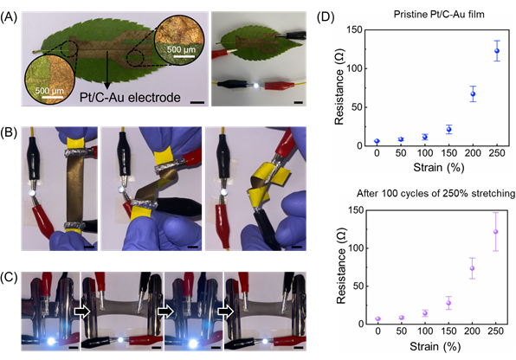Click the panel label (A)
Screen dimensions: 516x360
(x=9, y=17)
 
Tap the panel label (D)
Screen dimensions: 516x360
(x=326, y=17)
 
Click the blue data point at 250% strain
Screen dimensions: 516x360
(x=497, y=51)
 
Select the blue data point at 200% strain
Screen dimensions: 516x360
(x=473, y=93)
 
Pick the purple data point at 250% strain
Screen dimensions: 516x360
(x=495, y=232)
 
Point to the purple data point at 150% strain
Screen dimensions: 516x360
(x=448, y=303)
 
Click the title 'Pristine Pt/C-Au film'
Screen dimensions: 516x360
(x=439, y=14)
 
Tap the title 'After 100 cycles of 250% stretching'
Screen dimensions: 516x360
(x=435, y=193)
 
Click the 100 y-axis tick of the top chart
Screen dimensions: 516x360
(x=355, y=68)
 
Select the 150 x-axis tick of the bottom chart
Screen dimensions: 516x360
(x=448, y=331)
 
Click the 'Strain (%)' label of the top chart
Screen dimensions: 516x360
(x=439, y=167)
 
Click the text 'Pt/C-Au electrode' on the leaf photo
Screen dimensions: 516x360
(x=130, y=98)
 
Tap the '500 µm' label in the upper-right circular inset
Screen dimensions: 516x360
(x=181, y=50)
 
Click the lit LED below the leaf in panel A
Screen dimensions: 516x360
(x=256, y=86)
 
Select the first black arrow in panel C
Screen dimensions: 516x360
(x=82, y=312)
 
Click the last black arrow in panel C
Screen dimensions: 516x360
(x=226, y=312)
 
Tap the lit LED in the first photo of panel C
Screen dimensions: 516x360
(x=52, y=341)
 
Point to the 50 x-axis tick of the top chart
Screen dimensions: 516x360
(x=401, y=152)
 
